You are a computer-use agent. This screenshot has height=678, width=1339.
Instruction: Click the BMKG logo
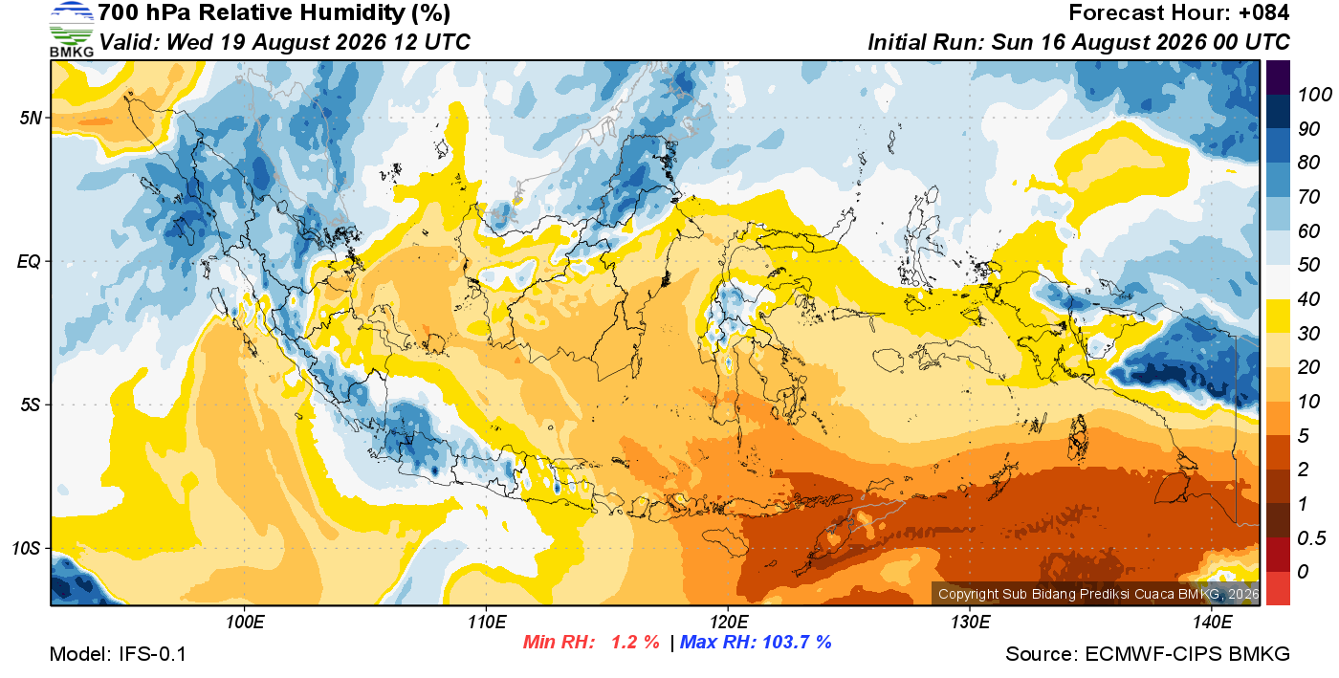click(71, 30)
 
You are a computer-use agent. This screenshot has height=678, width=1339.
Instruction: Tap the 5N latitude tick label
click(31, 119)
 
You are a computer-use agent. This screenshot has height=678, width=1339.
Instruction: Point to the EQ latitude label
click(29, 262)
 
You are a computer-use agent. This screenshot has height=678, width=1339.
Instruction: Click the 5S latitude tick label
click(31, 405)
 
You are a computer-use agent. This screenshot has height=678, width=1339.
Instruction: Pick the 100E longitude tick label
click(245, 623)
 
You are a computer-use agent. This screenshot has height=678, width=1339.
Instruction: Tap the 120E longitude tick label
click(729, 623)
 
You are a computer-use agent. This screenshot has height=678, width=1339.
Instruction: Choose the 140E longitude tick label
click(1212, 623)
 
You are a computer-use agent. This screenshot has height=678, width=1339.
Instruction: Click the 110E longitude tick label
click(487, 623)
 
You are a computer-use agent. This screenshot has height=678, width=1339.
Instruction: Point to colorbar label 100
click(1314, 95)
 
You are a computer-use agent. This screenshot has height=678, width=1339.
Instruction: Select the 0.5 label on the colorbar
click(1311, 538)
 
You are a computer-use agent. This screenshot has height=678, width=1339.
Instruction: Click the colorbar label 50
click(1308, 265)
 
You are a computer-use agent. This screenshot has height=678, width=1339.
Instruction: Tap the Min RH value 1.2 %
click(635, 642)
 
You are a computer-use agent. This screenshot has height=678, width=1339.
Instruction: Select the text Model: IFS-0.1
click(118, 654)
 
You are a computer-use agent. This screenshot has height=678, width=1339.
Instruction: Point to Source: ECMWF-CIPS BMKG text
click(1148, 654)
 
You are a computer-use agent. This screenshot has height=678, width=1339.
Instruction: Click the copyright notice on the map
click(1099, 594)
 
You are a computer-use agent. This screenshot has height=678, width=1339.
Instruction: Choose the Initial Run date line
click(1079, 42)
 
